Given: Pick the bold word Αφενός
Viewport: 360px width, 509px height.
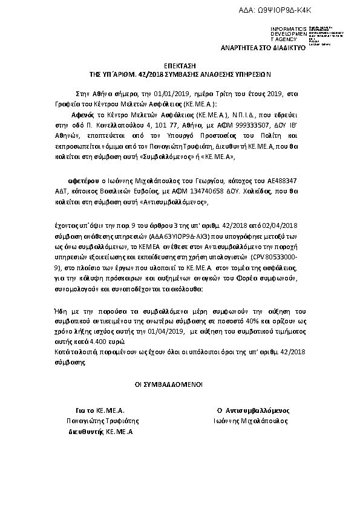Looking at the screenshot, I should (83, 113).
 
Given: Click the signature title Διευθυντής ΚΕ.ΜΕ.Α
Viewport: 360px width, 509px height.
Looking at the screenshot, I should (100, 432).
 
